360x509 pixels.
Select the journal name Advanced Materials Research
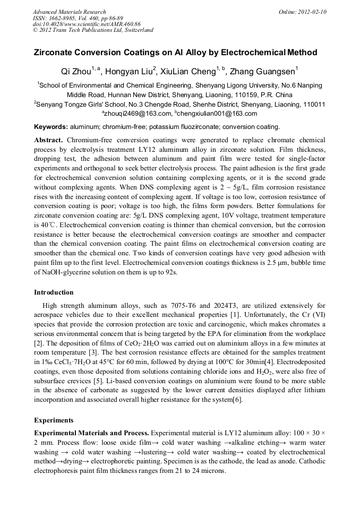pyautogui.click(x=69, y=12)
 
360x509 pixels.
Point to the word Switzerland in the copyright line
pyautogui.click(x=136, y=30)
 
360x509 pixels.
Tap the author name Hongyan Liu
pyautogui.click(x=129, y=71)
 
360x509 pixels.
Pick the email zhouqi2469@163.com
pyautogui.click(x=137, y=114)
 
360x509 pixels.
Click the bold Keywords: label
pyautogui.click(x=51, y=127)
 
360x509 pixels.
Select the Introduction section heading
pyautogui.click(x=54, y=292)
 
